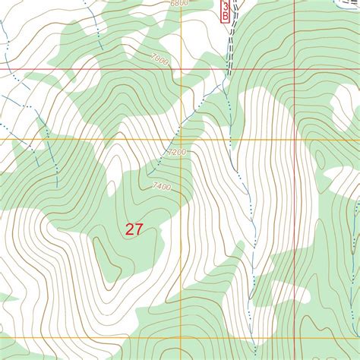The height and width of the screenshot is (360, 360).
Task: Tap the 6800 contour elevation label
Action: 178,4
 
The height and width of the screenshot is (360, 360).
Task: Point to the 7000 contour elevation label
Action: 158,58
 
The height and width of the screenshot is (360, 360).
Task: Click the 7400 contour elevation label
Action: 161,186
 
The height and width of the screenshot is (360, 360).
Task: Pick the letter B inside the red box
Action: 226,14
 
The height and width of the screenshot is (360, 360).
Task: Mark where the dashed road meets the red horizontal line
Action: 229,70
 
